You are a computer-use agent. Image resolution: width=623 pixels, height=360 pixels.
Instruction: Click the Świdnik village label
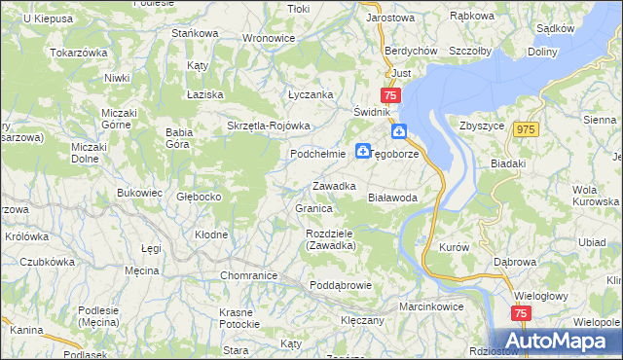coord(372,112)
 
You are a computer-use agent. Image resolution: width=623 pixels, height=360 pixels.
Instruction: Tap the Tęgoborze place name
coord(402,154)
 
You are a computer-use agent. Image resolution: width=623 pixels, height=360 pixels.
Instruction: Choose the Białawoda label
coord(392,197)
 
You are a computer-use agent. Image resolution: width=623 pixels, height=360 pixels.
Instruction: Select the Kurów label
coord(455,247)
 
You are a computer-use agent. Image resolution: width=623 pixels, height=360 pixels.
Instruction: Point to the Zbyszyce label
coord(479,126)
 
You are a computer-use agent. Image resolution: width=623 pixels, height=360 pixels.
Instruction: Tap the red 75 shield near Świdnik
coord(390,95)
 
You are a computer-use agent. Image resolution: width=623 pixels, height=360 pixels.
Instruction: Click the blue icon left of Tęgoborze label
coord(362,151)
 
